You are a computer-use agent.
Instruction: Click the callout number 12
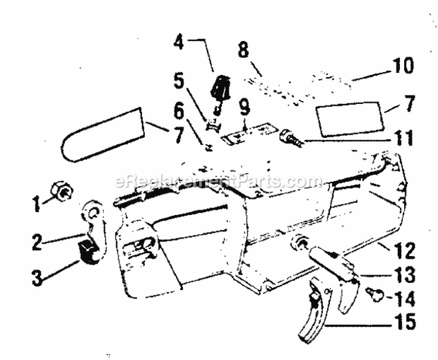point(405,251)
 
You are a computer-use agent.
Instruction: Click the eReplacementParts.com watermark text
point(218,181)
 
